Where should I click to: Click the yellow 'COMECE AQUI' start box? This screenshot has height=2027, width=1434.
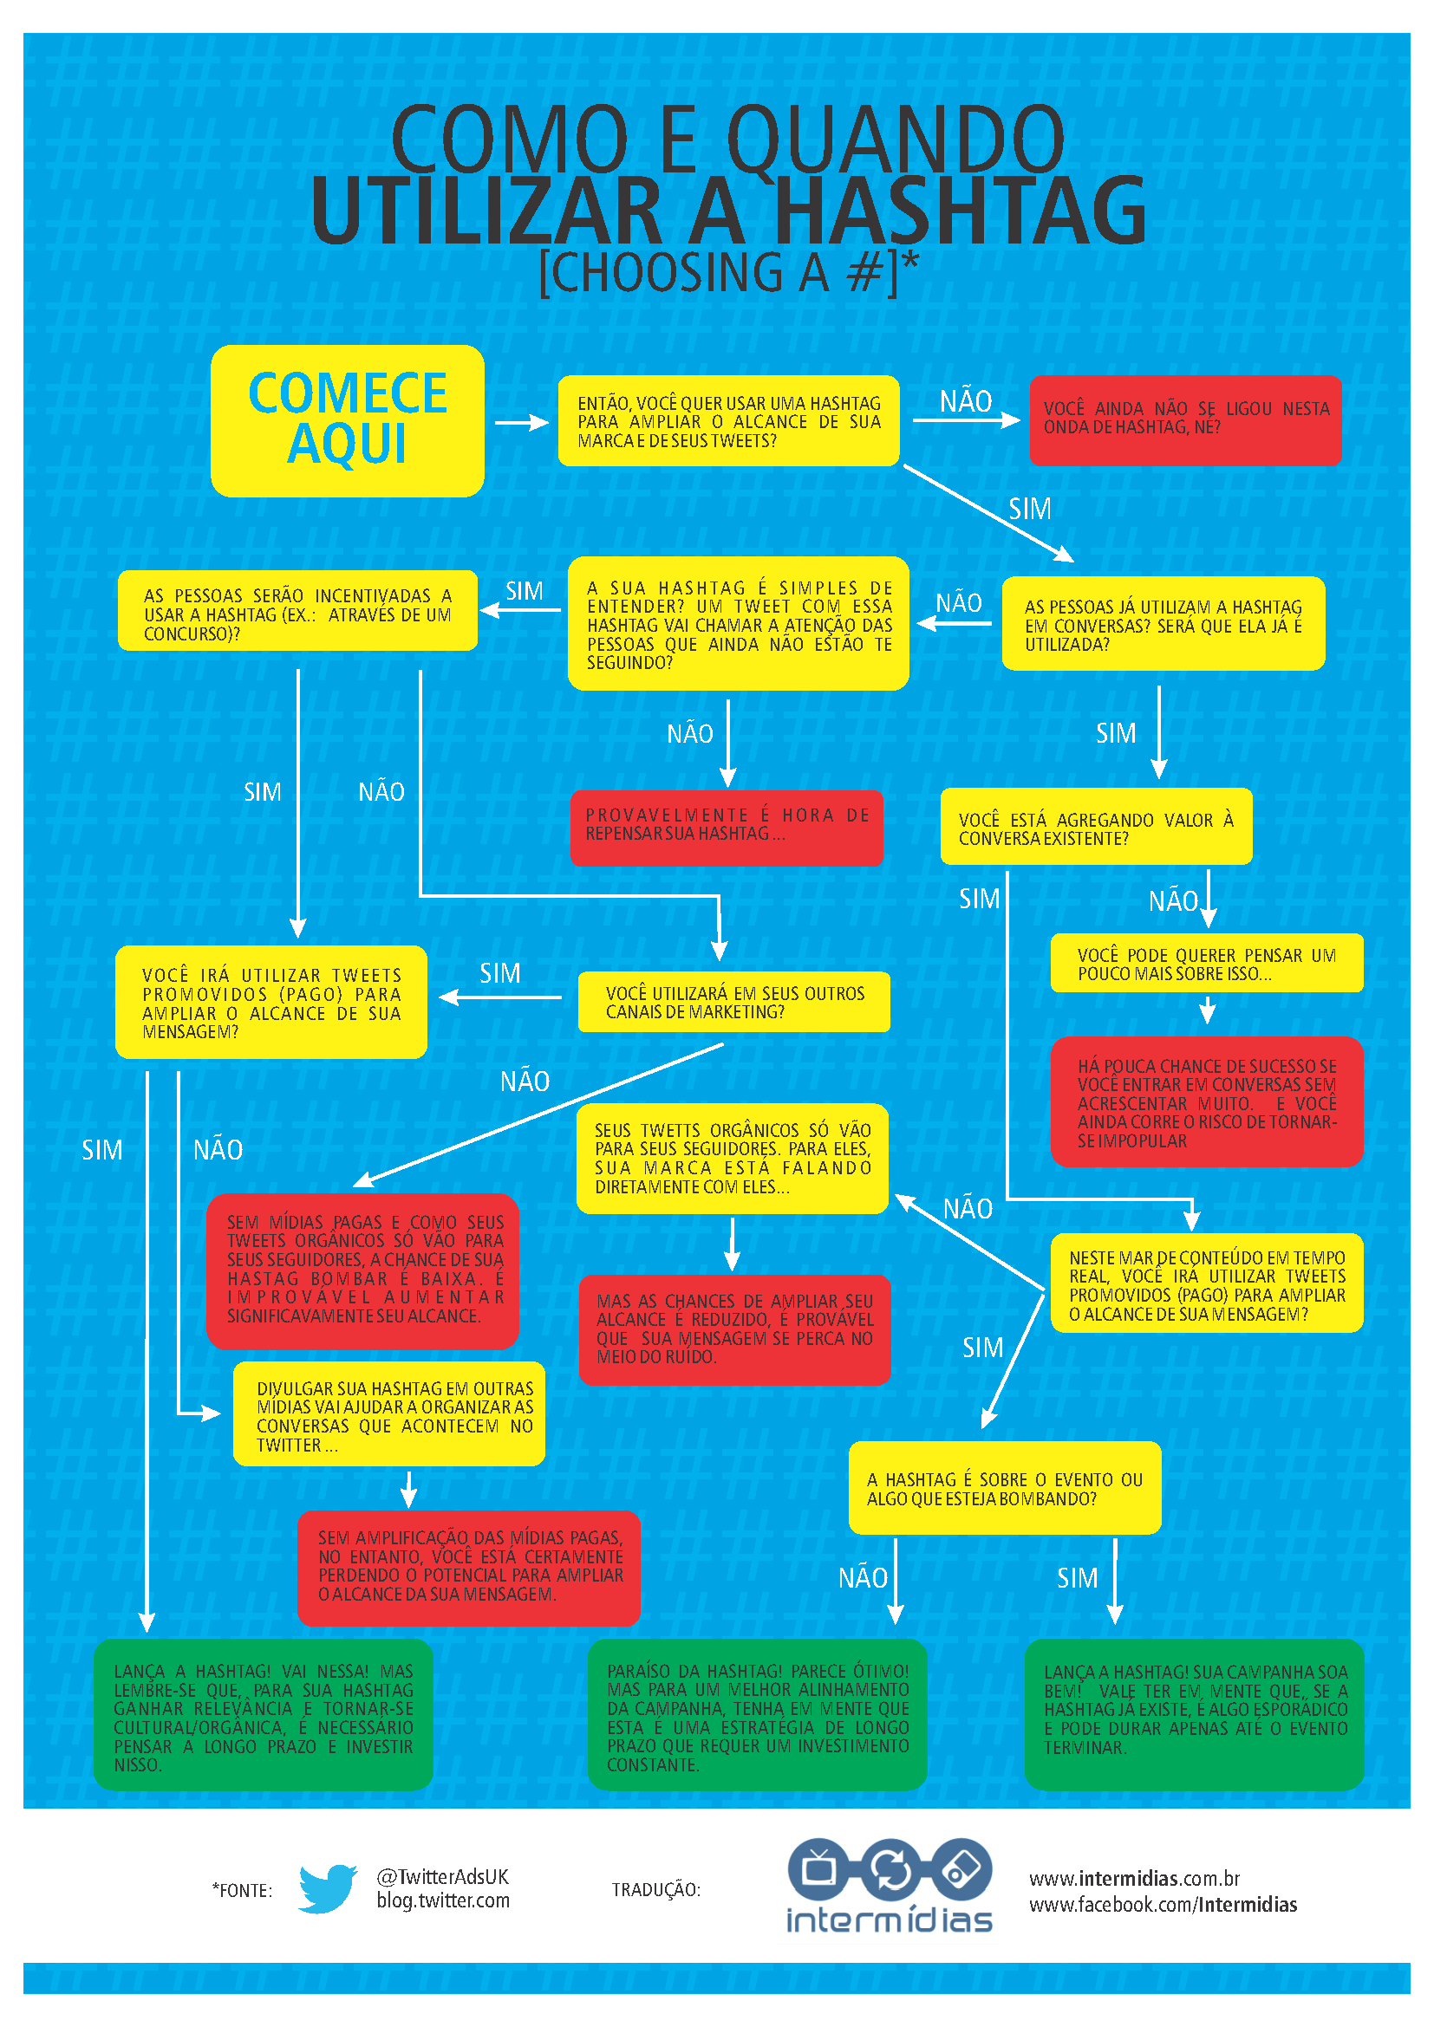coord(347,420)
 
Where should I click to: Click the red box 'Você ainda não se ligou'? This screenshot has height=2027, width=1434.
coord(1185,420)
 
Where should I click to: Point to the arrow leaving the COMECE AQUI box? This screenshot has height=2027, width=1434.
coord(522,423)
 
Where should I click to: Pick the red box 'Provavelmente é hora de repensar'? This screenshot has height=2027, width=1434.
coord(726,828)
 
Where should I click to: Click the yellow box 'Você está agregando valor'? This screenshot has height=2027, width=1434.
coord(1096,828)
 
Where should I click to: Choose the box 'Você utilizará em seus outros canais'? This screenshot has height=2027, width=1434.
coord(733,1002)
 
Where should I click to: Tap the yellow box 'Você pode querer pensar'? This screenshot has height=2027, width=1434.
coord(1206,964)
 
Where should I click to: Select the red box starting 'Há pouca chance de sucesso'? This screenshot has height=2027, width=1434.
coord(1206,1101)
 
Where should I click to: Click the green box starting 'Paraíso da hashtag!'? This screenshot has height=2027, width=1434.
coord(757,1715)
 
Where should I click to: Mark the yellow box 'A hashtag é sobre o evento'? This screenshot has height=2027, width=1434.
coord(1004,1488)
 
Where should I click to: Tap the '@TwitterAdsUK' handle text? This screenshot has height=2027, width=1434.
coord(442,1876)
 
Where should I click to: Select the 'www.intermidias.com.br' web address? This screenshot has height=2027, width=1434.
coord(1134,1878)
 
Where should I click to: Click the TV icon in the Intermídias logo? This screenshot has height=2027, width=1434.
coord(819,1868)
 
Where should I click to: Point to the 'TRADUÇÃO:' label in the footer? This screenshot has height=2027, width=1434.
coord(656,1889)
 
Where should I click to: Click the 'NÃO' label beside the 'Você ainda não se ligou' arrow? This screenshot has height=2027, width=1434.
coord(965,402)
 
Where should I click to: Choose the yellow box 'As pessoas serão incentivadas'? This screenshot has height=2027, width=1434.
coord(297,613)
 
